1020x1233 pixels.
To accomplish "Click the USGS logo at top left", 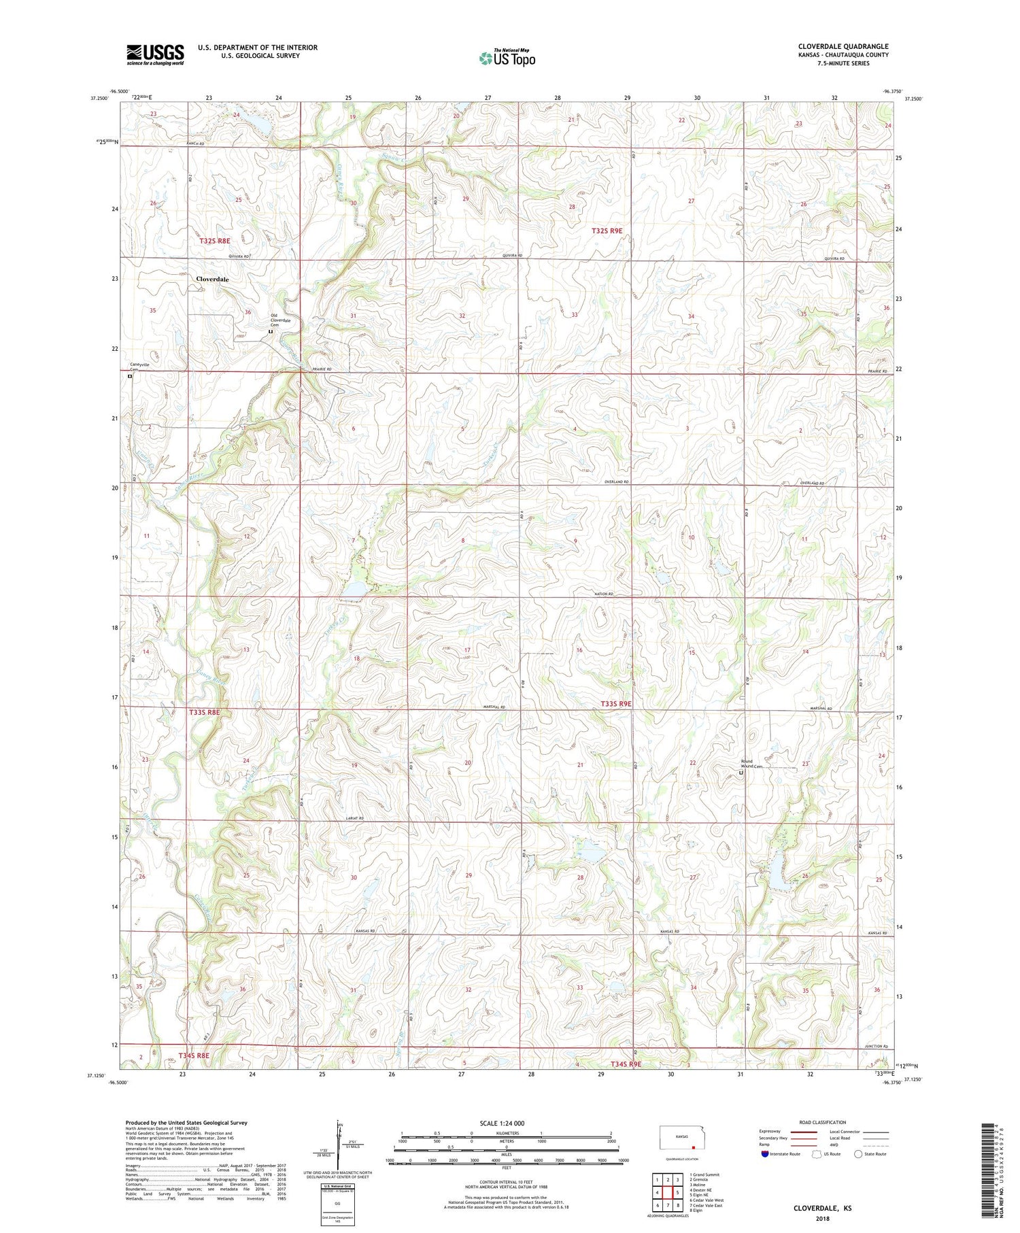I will tap(155, 54).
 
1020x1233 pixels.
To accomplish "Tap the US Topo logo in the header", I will tap(507, 58).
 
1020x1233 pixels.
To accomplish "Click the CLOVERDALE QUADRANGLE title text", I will tap(843, 46).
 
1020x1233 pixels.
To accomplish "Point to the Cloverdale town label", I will tap(212, 280).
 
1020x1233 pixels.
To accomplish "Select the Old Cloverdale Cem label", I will tap(280, 320).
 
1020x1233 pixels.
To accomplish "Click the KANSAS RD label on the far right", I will tap(878, 933).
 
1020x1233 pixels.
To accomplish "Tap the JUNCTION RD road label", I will tap(877, 1046).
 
